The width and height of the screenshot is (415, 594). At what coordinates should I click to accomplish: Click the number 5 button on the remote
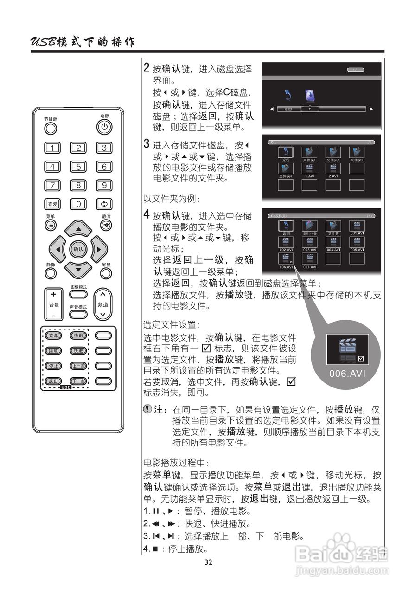pos(79,167)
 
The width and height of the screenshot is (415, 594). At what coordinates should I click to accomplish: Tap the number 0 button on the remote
pos(79,204)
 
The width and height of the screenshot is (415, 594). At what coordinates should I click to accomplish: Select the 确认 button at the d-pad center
pos(78,249)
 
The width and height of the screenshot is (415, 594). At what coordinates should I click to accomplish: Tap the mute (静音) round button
pos(106,225)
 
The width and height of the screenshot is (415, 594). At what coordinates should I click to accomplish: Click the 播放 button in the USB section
pos(53,350)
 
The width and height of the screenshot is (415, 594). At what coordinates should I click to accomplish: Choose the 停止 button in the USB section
pos(53,366)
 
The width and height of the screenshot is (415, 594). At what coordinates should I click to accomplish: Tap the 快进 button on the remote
pos(78,350)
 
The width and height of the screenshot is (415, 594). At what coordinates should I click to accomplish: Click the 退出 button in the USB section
pos(53,381)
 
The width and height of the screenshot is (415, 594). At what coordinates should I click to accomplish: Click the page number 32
pos(208,562)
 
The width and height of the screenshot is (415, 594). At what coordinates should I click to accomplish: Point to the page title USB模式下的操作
pos(83,42)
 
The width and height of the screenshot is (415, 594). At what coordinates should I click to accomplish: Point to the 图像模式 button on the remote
pos(78,295)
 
